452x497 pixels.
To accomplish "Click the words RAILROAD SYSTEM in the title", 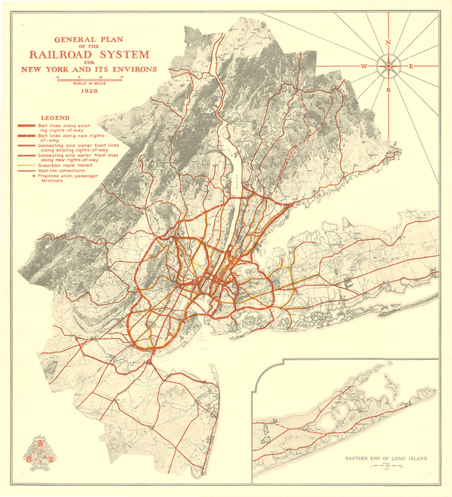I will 90,53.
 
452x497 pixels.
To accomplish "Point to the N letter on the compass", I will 388,43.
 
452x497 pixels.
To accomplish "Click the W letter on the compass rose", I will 365,67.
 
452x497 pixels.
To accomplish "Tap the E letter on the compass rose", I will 411,67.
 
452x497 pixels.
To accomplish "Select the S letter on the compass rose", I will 388,90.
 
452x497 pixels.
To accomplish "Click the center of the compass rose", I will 388,66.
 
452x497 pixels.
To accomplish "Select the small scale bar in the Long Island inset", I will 384,468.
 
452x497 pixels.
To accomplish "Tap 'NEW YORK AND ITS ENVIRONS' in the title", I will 90,69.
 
